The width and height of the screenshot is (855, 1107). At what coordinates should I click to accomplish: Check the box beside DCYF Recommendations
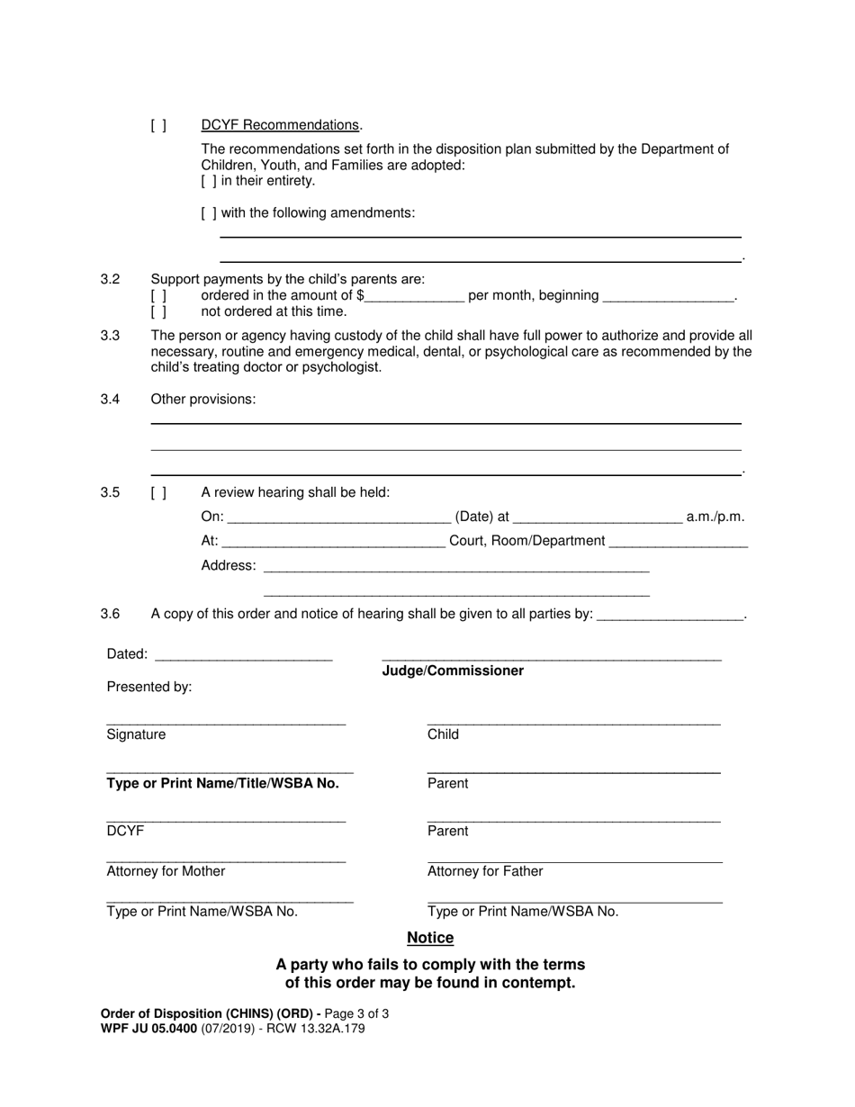(x=158, y=126)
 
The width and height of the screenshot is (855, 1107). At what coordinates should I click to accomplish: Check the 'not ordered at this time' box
(x=158, y=312)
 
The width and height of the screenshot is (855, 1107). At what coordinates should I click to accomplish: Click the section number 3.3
(x=111, y=336)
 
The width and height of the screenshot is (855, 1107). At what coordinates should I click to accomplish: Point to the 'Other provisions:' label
(x=202, y=400)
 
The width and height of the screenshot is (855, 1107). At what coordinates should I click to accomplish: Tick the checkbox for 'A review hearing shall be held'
(x=158, y=492)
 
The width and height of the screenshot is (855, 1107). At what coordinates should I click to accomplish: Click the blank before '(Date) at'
(x=339, y=517)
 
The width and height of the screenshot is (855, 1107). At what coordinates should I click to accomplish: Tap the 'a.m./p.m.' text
(x=715, y=517)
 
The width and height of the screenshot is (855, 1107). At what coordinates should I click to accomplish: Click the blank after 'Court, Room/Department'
(x=679, y=541)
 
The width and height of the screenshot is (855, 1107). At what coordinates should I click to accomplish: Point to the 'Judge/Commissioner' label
(x=453, y=671)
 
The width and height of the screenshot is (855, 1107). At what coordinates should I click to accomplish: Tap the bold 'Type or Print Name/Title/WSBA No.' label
(x=223, y=783)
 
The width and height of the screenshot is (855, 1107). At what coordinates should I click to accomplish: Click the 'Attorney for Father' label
(x=485, y=871)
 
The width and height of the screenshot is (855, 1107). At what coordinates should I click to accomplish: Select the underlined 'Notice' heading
(x=430, y=938)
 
